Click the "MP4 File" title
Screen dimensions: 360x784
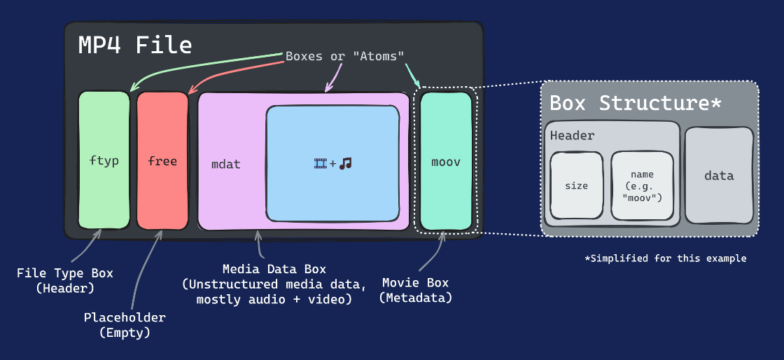[x=134, y=46]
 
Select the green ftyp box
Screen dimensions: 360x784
[x=104, y=160]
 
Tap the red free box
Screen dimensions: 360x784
[x=162, y=160]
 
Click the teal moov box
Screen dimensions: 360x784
[x=446, y=161]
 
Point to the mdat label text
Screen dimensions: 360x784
[x=225, y=164]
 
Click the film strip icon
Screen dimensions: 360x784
[x=321, y=164]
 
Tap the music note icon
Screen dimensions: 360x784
[x=345, y=164]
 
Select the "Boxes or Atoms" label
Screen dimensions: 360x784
[x=344, y=56]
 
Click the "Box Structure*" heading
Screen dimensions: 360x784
[x=635, y=103]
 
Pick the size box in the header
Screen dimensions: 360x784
[x=576, y=186]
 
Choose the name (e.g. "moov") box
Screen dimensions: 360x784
[x=642, y=186]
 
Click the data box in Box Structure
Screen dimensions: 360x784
[x=718, y=176]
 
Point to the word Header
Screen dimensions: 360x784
[x=572, y=136]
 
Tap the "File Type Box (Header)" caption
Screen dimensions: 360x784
[x=64, y=279]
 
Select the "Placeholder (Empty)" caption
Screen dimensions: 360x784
[x=125, y=325]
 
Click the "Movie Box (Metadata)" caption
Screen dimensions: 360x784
[x=416, y=290]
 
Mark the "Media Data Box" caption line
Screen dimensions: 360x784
[x=274, y=269]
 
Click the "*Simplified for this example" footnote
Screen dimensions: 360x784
[x=666, y=258]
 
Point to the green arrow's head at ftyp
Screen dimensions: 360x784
[x=131, y=89]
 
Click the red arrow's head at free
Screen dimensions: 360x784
[x=190, y=91]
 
